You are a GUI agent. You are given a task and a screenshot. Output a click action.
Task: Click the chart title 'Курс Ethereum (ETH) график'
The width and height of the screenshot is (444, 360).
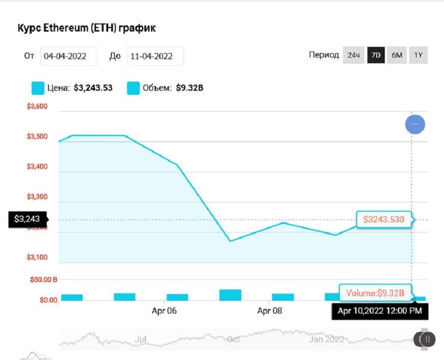tap(87, 28)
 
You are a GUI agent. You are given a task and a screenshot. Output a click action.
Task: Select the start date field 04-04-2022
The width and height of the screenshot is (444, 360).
tap(69, 56)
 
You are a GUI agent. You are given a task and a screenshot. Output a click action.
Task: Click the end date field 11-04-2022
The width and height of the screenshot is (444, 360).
tap(155, 56)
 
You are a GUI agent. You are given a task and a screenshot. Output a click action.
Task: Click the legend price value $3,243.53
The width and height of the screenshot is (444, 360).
tap(93, 88)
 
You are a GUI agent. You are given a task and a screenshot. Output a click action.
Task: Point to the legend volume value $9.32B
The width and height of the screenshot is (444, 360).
tap(190, 88)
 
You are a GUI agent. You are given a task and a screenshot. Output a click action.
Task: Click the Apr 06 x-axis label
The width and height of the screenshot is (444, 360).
tap(164, 311)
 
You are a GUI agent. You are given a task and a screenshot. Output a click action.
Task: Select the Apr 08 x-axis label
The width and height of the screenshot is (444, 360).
tap(270, 311)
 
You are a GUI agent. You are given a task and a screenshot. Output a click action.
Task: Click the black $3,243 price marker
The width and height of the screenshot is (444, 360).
tap(27, 219)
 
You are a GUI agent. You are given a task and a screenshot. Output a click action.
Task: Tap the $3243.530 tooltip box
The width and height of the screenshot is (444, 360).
tap(384, 220)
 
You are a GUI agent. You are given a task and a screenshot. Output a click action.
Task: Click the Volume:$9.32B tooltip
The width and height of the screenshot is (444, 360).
tap(375, 293)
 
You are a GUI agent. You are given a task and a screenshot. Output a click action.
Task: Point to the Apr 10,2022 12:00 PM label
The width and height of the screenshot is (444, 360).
tap(380, 311)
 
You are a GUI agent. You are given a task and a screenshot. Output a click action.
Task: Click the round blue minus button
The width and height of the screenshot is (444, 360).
tap(415, 124)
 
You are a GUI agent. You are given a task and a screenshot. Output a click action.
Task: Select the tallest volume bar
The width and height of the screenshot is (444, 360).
tap(230, 295)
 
